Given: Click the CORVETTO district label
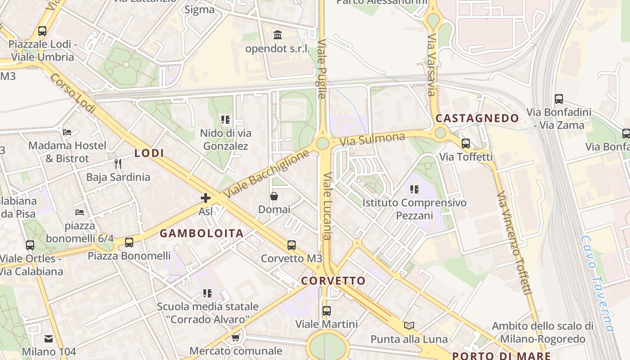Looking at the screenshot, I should click(x=333, y=281).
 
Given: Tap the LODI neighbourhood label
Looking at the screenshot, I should click(x=149, y=153).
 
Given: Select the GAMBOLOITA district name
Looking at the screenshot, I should click(x=202, y=233).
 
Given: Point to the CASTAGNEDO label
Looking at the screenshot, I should click(x=477, y=118).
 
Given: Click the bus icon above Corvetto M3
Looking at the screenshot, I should click(x=292, y=245).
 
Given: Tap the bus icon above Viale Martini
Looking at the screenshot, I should click(x=327, y=310).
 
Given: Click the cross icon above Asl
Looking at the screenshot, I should click(x=206, y=198).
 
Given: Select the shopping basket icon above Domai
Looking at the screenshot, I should click(x=274, y=196).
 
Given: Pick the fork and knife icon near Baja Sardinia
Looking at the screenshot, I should click(x=118, y=163).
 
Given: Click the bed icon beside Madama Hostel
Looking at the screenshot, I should click(x=67, y=132).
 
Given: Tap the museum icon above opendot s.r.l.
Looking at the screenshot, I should click(x=278, y=35).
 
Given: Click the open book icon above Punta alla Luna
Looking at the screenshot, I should click(x=409, y=325).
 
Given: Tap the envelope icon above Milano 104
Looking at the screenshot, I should click(x=49, y=338).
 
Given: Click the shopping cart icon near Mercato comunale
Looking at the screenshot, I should click(x=235, y=337).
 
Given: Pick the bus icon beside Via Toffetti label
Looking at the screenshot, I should click(x=466, y=144).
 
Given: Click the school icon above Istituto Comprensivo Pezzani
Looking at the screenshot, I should click(x=414, y=189).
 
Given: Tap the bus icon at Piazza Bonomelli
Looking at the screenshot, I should click(x=129, y=243).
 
